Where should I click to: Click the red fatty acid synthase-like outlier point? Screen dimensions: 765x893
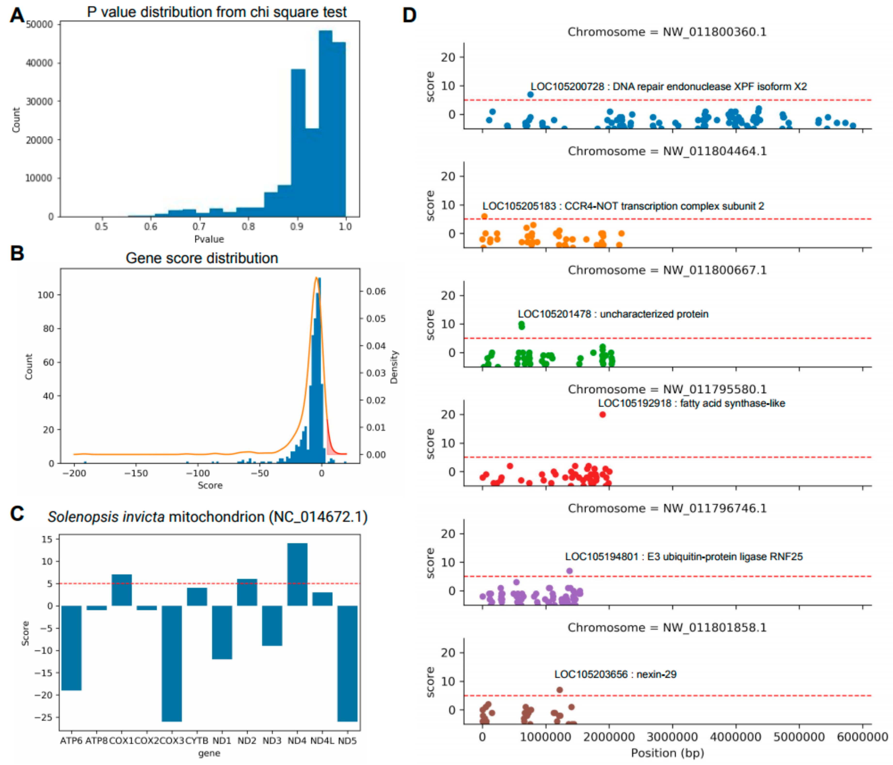(x=603, y=414)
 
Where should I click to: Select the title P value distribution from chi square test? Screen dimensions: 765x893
(x=216, y=12)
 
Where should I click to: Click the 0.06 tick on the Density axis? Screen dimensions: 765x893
(x=376, y=291)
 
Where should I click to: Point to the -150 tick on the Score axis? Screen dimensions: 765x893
(x=136, y=473)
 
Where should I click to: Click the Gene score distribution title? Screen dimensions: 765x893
(x=202, y=258)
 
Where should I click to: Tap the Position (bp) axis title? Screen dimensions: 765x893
(x=667, y=753)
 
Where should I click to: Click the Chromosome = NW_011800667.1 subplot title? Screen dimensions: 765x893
(x=667, y=270)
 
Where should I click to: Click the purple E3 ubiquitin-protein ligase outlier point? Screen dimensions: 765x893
(x=569, y=571)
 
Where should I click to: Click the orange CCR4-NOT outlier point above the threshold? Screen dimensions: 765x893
(x=484, y=216)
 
